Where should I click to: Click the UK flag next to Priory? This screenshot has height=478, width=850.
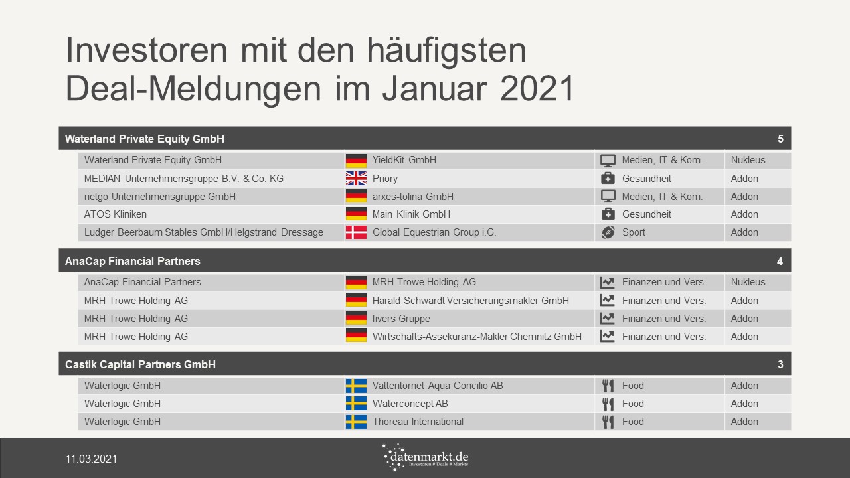356,179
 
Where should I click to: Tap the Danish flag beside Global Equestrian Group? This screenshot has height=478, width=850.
356,232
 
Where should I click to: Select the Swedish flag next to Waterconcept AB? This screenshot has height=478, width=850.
356,403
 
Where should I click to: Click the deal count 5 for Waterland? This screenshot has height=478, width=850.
780,139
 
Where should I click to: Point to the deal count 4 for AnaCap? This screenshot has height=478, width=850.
780,261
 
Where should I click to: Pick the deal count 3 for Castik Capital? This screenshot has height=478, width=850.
780,364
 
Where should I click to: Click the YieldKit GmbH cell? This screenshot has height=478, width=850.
404,160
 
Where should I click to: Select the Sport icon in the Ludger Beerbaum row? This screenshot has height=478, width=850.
608,232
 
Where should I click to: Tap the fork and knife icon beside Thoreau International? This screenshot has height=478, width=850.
608,422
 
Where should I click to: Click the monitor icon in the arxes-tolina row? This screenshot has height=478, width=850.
608,197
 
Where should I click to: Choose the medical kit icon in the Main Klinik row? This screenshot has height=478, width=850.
608,214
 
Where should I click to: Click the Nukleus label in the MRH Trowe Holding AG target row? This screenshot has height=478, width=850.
748,282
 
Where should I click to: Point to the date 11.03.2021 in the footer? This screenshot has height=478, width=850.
91,459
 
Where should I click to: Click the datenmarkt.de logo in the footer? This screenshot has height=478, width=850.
426,457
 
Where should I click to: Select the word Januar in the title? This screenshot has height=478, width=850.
434,89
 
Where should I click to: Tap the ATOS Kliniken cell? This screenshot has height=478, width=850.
116,214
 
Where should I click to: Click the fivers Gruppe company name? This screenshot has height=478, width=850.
401,319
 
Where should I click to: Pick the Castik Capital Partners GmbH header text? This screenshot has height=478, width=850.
140,364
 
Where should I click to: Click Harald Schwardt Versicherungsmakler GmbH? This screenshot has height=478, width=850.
471,301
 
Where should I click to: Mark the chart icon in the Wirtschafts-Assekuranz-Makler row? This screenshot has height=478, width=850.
607,336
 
